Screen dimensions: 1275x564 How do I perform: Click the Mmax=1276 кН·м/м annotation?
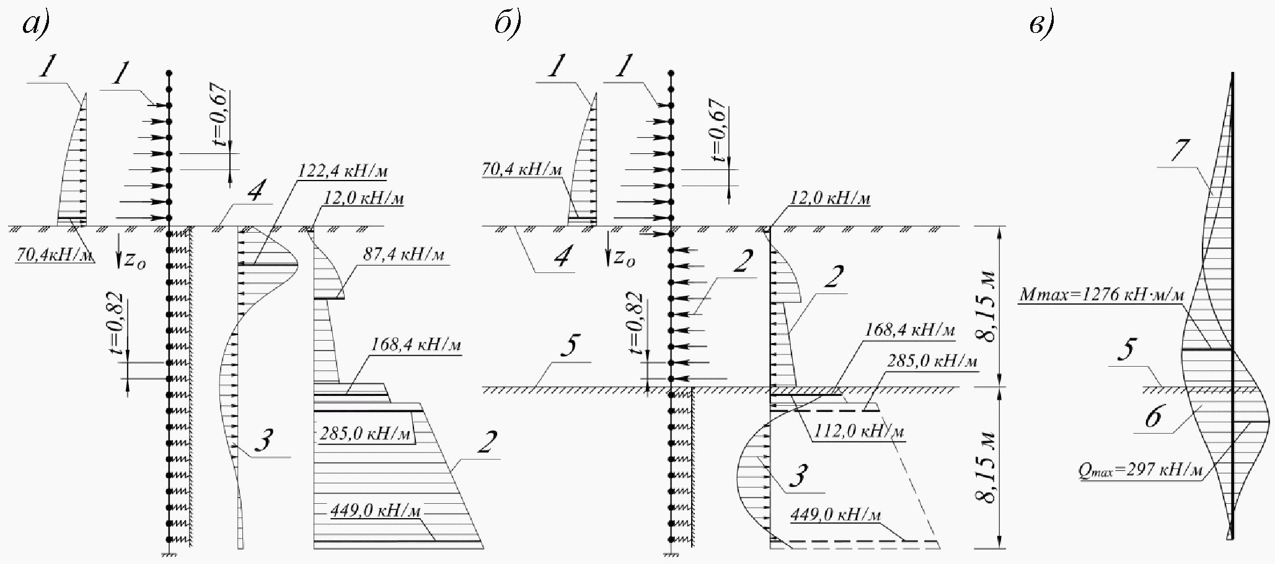point(1101,295)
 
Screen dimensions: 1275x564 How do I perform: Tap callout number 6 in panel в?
point(1152,418)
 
